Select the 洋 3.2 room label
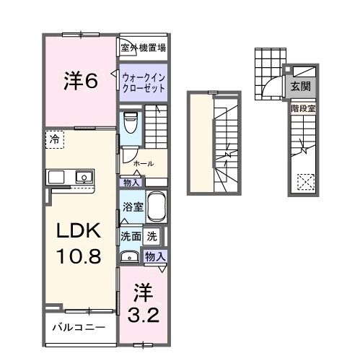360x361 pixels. click(x=144, y=304)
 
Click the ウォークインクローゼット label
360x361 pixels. click(x=143, y=82)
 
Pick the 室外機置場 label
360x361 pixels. click(x=143, y=48)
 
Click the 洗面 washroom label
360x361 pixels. click(x=131, y=235)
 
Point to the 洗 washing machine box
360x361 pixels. click(x=152, y=235)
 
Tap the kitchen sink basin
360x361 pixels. click(x=84, y=177)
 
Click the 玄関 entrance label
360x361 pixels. click(x=301, y=86)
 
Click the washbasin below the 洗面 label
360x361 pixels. click(x=131, y=255)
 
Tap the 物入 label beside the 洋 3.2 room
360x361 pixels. click(x=155, y=256)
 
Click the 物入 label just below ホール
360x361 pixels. click(x=132, y=182)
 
